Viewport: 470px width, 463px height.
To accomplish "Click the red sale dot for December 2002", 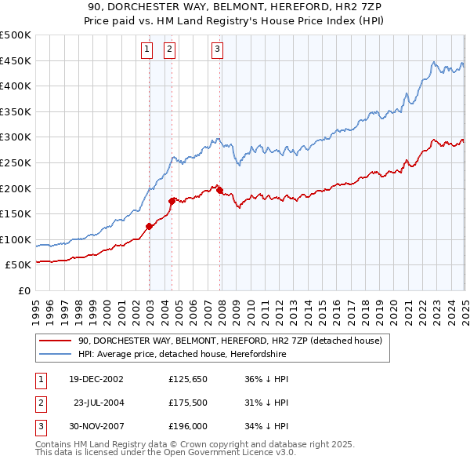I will [149, 226].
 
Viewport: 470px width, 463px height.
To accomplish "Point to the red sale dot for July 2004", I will [172, 200].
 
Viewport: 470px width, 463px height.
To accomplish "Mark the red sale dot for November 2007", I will [219, 190].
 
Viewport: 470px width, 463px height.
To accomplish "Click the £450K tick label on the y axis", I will [16, 60].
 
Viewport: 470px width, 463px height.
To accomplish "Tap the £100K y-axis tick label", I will [16, 239].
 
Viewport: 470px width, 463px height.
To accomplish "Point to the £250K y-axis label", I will [16, 162].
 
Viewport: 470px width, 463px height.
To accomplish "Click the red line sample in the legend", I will [55, 341].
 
